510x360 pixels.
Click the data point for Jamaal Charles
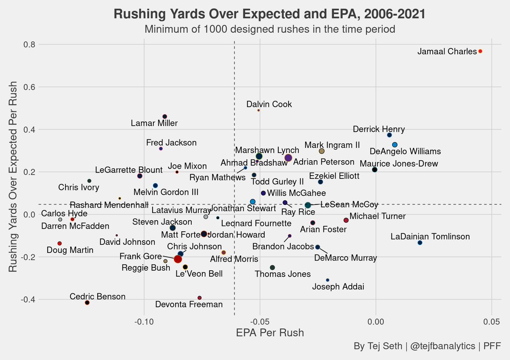tap(480, 51)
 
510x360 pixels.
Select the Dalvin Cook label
tap(269, 105)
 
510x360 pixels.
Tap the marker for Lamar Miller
tap(165, 116)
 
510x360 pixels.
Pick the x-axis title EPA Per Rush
tap(270, 332)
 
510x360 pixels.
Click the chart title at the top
tap(269, 14)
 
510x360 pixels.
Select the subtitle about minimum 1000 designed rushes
tap(270, 29)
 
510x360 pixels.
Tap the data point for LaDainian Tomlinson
tap(420, 243)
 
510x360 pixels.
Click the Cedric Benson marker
tap(87, 303)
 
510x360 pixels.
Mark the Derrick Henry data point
tap(389, 135)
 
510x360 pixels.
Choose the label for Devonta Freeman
tap(189, 304)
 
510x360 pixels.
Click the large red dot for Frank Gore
tap(178, 259)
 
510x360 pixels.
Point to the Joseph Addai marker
tap(327, 280)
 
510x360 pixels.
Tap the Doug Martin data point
tap(59, 244)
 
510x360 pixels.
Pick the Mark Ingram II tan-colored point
tap(322, 151)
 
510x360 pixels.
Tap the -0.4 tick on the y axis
tap(27, 300)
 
